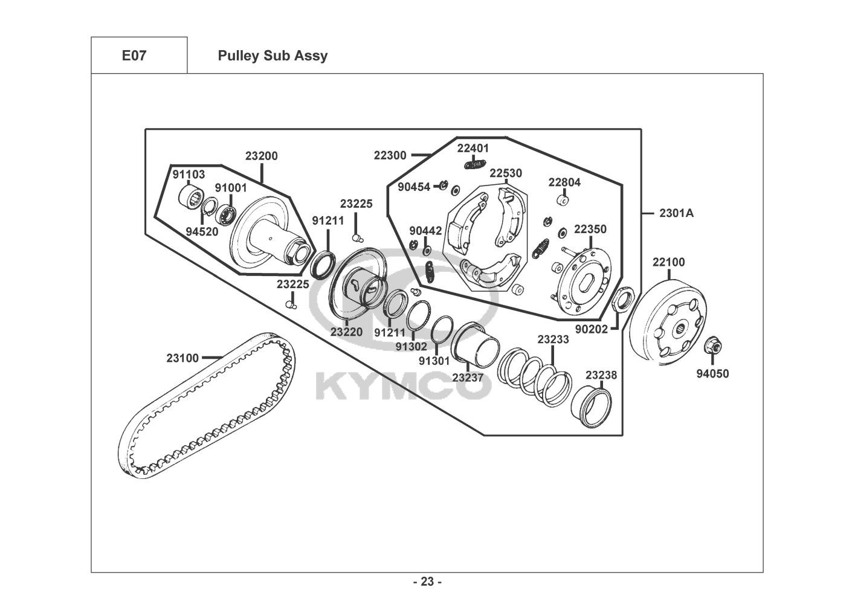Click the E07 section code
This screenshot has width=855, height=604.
click(x=134, y=56)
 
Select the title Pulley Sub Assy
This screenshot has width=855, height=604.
click(x=273, y=56)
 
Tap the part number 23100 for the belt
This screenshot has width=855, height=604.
click(x=182, y=358)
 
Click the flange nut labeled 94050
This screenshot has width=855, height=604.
click(x=712, y=345)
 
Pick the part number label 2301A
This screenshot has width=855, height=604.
click(x=676, y=213)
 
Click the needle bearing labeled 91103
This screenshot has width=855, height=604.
click(x=190, y=196)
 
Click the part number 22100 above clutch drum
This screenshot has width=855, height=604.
click(x=669, y=262)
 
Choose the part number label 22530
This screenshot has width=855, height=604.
click(x=506, y=173)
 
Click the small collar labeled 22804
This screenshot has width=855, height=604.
click(x=563, y=199)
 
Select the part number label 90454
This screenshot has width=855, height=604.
click(x=414, y=187)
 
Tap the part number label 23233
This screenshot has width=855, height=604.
click(x=553, y=339)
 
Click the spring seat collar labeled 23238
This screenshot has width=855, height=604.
click(x=591, y=406)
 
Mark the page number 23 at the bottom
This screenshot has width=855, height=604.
click(x=428, y=582)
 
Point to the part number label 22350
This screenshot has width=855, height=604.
click(x=590, y=230)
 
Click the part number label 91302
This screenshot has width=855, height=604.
click(x=411, y=347)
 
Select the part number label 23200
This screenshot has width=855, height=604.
click(x=262, y=156)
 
